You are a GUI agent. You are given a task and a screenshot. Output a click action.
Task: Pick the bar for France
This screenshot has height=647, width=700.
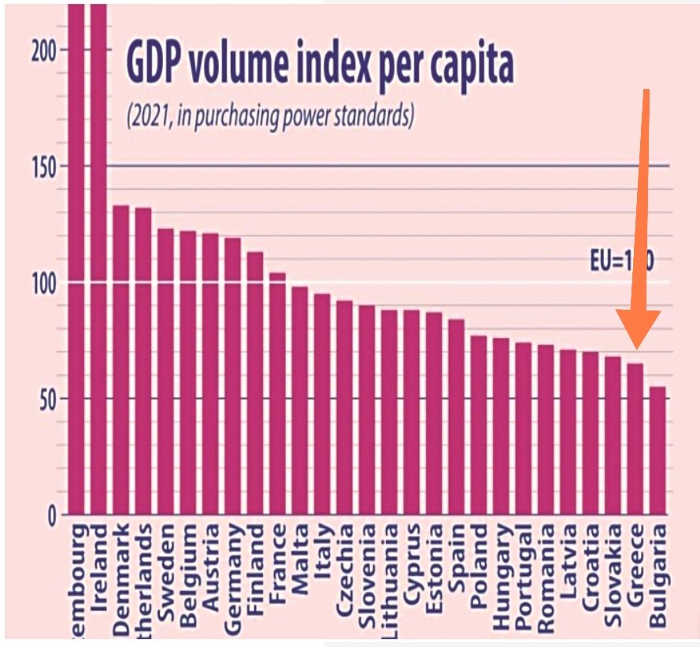tap(277, 393)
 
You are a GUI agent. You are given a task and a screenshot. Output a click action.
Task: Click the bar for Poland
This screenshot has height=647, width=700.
tap(479, 425)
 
